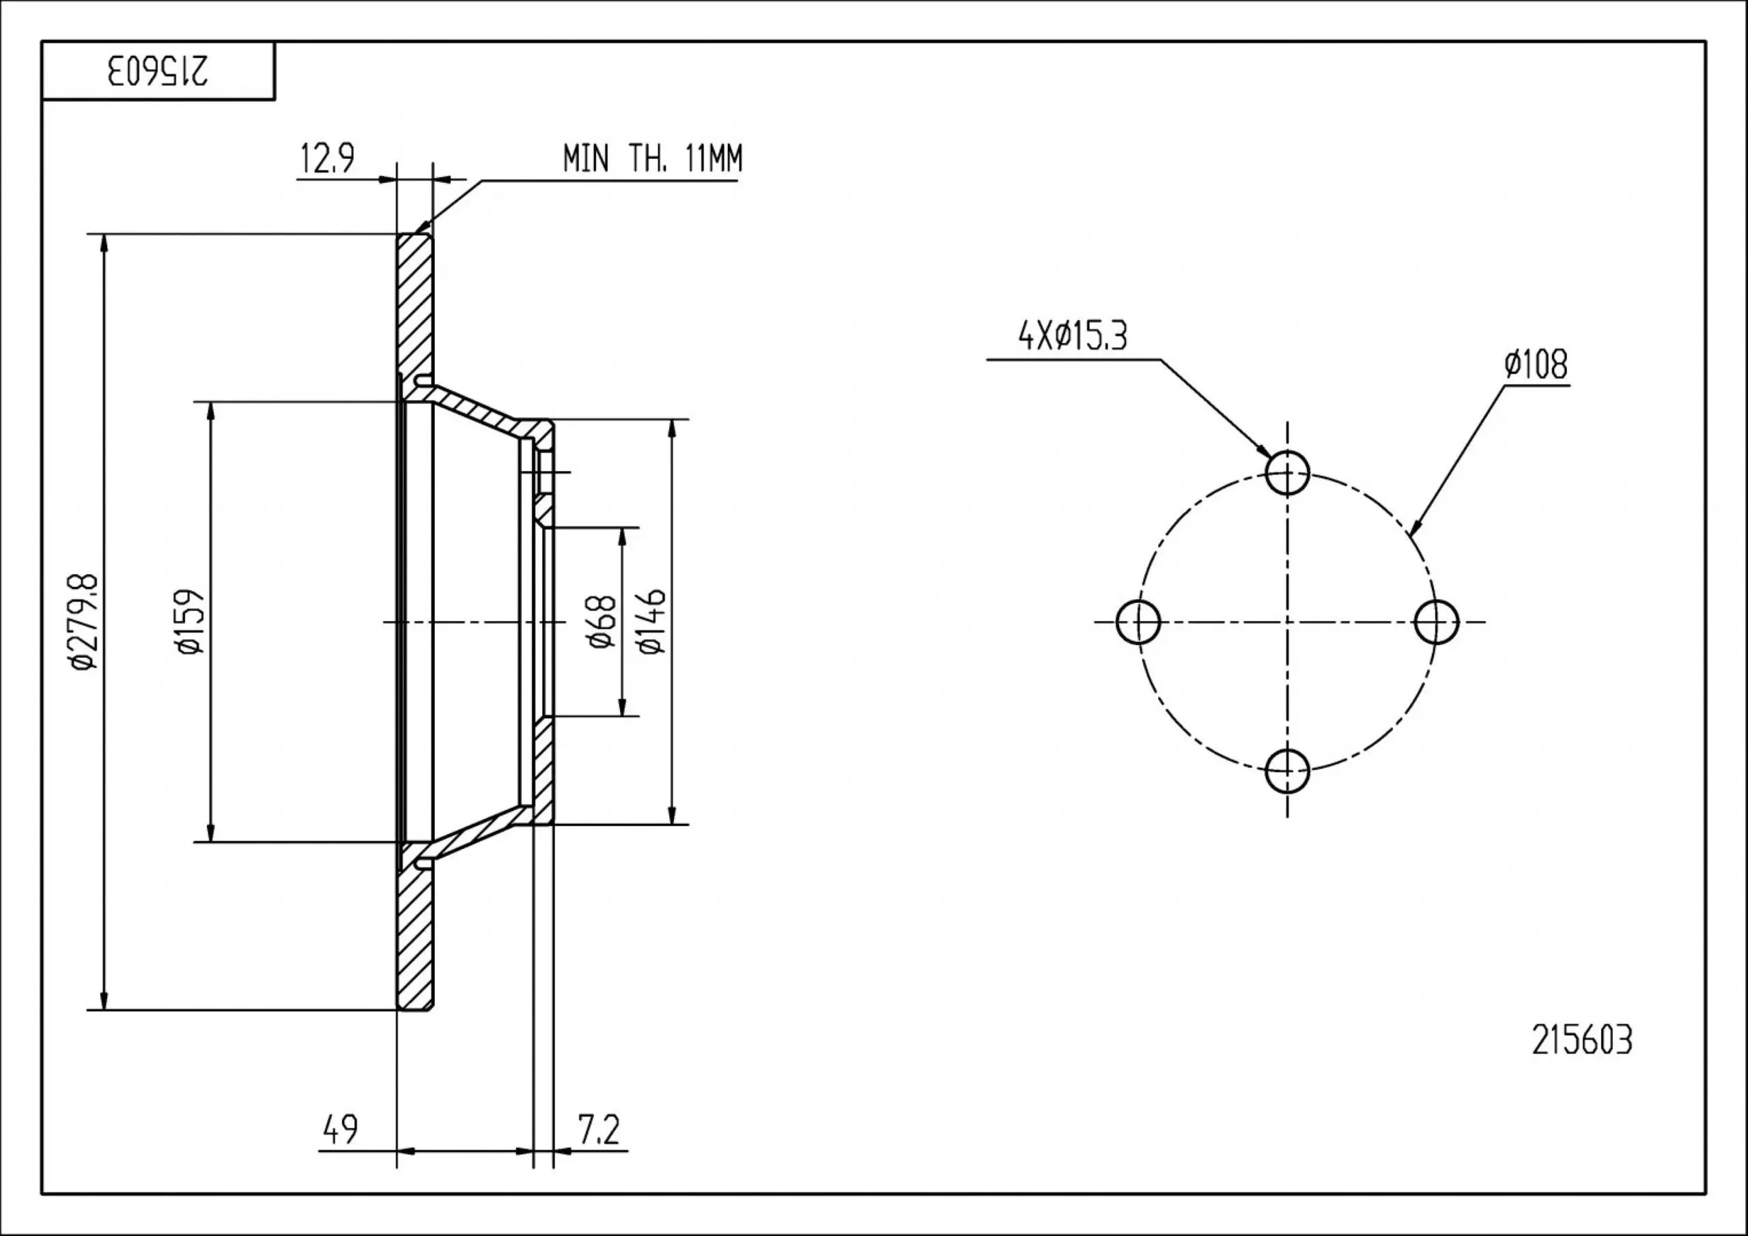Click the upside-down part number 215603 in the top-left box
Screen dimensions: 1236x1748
(x=158, y=71)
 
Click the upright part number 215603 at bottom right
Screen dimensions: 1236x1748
(x=1582, y=1040)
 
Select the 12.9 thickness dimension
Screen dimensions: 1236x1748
(x=327, y=159)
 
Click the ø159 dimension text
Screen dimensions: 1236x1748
(x=190, y=621)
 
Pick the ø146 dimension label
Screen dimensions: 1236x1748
(x=653, y=621)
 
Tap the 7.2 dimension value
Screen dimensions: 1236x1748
(x=599, y=1130)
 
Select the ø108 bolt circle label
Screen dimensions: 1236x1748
(x=1536, y=364)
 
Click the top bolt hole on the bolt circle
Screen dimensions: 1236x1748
(x=1286, y=473)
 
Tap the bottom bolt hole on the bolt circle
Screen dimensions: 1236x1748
(x=1286, y=771)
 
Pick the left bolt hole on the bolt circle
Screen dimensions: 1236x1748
(x=1138, y=622)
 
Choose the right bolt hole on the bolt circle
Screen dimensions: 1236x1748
(x=1436, y=622)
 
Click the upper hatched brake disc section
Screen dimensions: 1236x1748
(x=415, y=304)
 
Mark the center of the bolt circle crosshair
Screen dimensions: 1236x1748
(x=1286, y=622)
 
